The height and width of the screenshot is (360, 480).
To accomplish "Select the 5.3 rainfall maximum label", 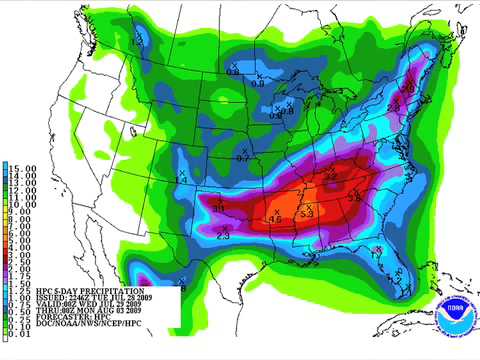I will (307, 214).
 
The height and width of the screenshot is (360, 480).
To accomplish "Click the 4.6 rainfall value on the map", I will (273, 217).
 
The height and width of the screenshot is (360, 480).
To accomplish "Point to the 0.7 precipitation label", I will (242, 158).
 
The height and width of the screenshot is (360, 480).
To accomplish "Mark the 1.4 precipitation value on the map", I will (182, 178).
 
